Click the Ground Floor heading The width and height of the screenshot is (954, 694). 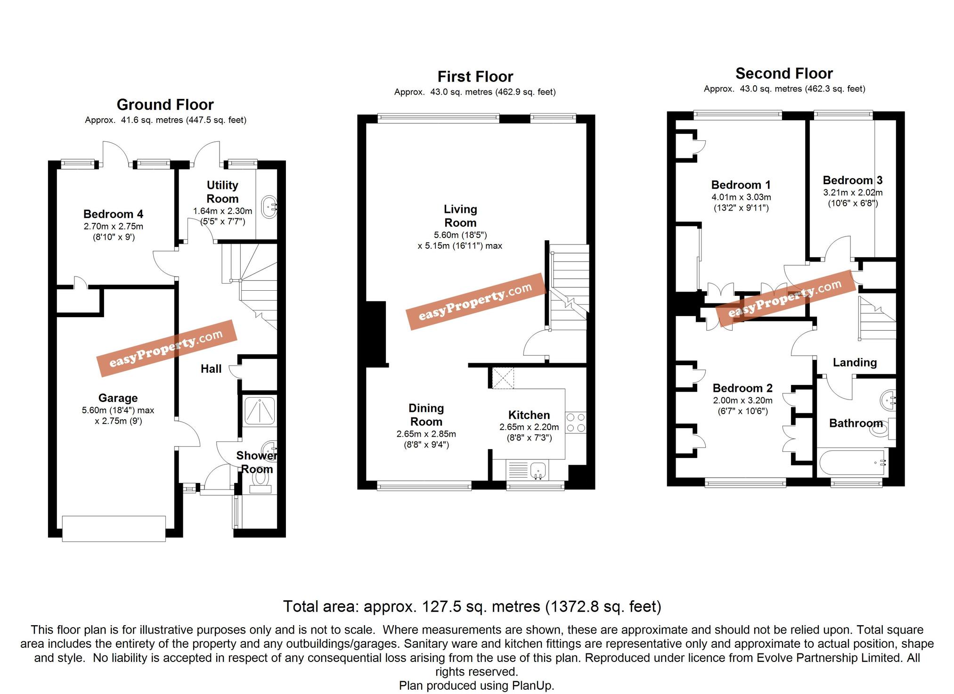[165, 105]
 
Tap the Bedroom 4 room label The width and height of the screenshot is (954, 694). [113, 214]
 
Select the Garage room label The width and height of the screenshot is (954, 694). [118, 398]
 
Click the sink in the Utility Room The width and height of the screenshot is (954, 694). [269, 206]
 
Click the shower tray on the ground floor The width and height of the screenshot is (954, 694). [260, 410]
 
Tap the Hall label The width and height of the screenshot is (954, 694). [211, 369]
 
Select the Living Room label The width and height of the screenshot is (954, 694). [460, 216]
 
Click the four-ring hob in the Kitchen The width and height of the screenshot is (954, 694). [575, 422]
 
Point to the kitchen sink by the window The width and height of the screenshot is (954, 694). [538, 470]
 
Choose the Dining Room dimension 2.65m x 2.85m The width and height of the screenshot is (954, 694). [426, 434]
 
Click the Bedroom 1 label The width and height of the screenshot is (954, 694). [741, 185]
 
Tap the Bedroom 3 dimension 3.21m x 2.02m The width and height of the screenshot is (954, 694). [853, 192]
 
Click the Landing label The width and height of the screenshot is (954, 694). [855, 362]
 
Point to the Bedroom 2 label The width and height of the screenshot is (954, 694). [742, 388]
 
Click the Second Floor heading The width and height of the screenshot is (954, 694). [784, 73]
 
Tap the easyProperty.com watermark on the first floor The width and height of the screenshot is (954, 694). [475, 302]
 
